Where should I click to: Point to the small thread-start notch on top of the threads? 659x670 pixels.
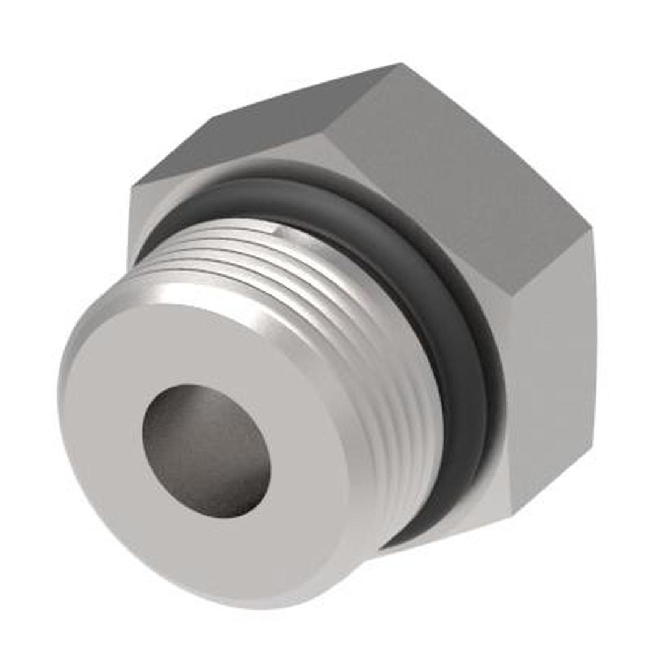click(x=276, y=230)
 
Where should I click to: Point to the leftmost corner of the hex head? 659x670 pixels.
click(x=130, y=189)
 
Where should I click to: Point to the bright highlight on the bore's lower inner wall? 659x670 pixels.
click(x=244, y=494)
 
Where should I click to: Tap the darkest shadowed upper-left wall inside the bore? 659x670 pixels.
click(x=177, y=415)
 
